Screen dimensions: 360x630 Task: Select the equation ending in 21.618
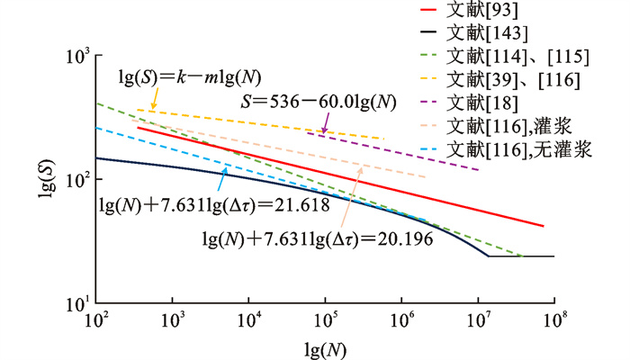[x=211, y=205]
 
